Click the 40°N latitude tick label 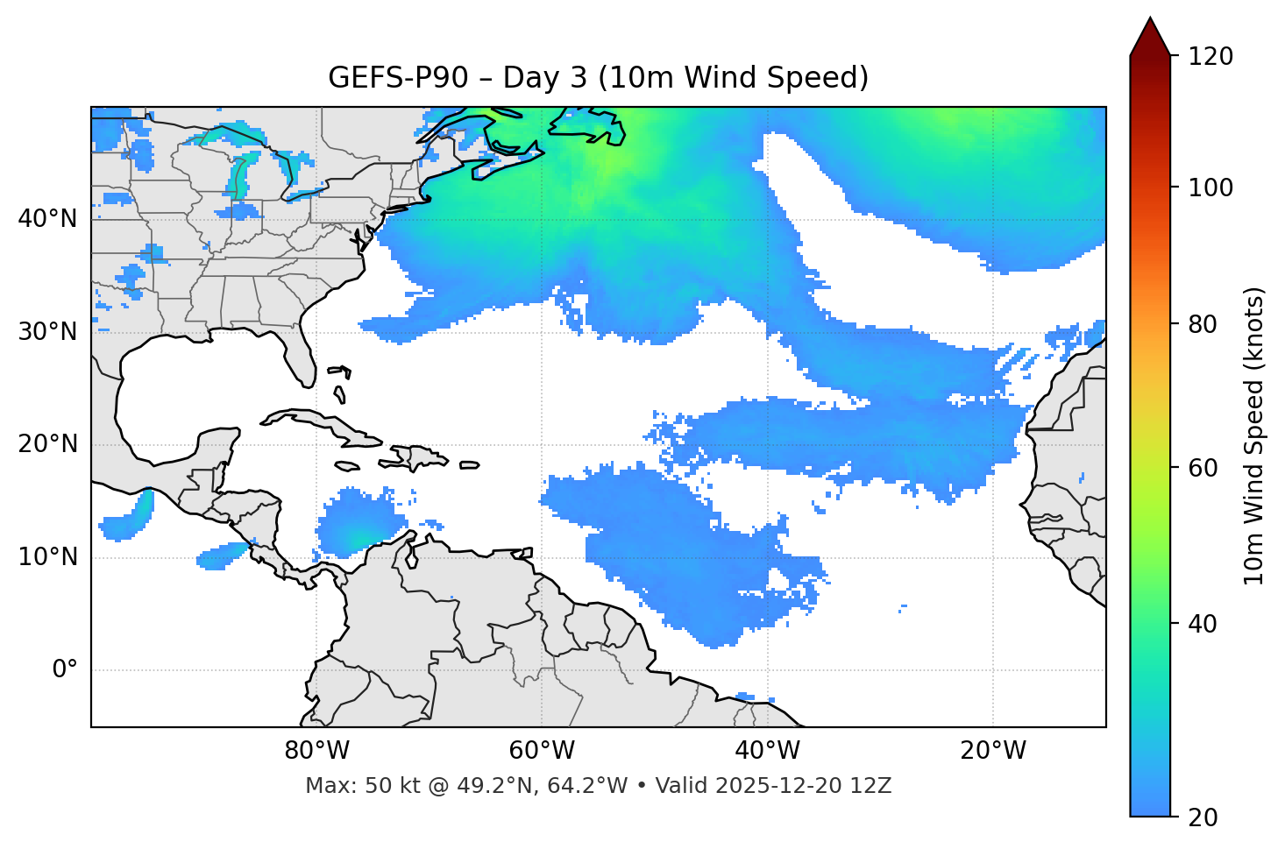pyautogui.click(x=47, y=219)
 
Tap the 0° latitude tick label pyautogui.click(x=65, y=670)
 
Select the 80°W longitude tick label pyautogui.click(x=316, y=751)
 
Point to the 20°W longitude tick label pyautogui.click(x=993, y=751)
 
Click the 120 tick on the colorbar pyautogui.click(x=1210, y=57)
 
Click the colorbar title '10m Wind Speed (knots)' pyautogui.click(x=1254, y=435)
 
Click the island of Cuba pyautogui.click(x=324, y=425)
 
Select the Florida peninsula pyautogui.click(x=298, y=355)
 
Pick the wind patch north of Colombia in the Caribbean pyautogui.click(x=355, y=526)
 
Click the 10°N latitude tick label pyautogui.click(x=47, y=557)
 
